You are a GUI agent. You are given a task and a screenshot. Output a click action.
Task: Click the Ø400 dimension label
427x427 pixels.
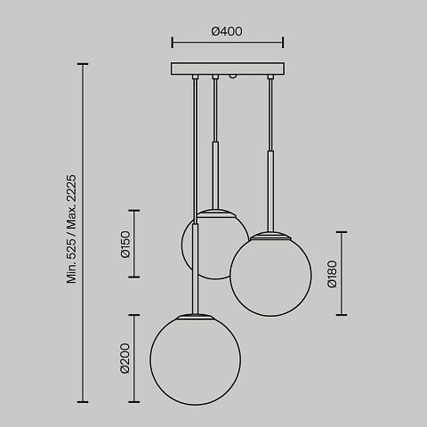point(227,31)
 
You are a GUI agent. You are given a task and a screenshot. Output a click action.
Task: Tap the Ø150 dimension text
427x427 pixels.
point(125,245)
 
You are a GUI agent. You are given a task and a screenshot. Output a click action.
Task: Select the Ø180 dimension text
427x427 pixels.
point(332,274)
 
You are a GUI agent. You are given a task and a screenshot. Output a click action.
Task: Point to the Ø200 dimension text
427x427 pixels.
point(125,359)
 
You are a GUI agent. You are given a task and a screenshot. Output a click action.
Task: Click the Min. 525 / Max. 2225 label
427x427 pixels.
point(71,229)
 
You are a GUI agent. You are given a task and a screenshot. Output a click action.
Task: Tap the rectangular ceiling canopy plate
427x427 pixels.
point(228,68)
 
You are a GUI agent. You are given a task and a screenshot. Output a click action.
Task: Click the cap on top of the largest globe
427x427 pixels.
point(196,316)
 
